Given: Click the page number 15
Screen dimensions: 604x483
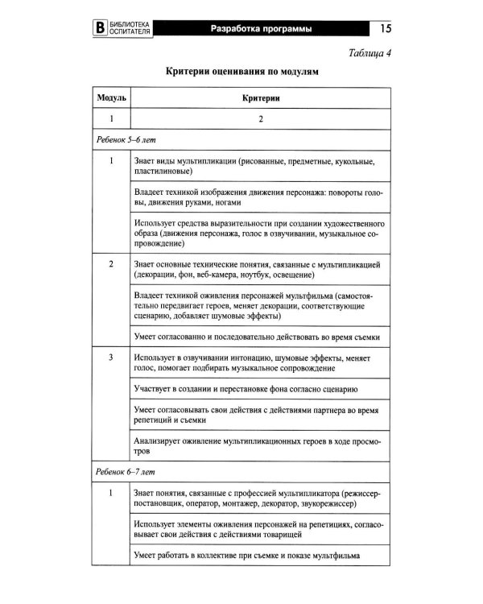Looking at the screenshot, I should (382, 30).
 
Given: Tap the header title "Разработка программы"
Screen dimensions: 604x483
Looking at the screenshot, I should (261, 30).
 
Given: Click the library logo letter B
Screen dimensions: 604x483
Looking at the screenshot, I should (100, 31).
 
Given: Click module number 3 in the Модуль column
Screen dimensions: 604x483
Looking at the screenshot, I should (109, 356).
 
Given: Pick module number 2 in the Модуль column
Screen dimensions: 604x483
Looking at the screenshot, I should (109, 264).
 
